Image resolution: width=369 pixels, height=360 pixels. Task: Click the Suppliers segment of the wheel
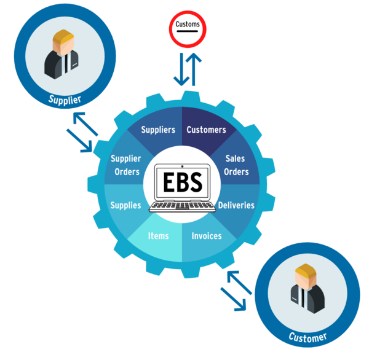tap(158, 130)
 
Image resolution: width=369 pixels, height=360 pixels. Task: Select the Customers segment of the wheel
tap(206, 130)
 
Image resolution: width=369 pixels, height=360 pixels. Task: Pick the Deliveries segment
tap(236, 205)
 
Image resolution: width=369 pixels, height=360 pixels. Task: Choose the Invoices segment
tap(207, 236)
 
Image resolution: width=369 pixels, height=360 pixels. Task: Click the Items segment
tap(159, 236)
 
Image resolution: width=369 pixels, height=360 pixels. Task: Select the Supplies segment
tap(125, 205)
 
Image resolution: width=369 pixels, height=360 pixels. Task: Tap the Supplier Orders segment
tap(126, 165)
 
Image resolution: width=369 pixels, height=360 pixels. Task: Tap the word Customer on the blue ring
tap(307, 336)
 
